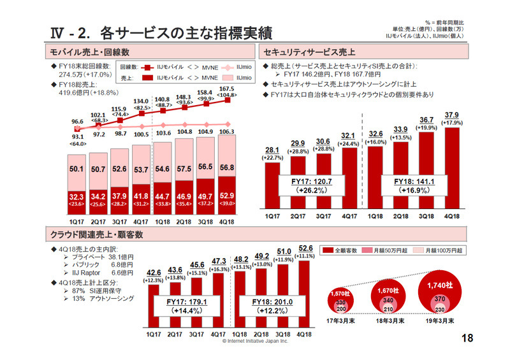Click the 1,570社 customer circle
coord(342,301)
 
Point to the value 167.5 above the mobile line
coord(227,89)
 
